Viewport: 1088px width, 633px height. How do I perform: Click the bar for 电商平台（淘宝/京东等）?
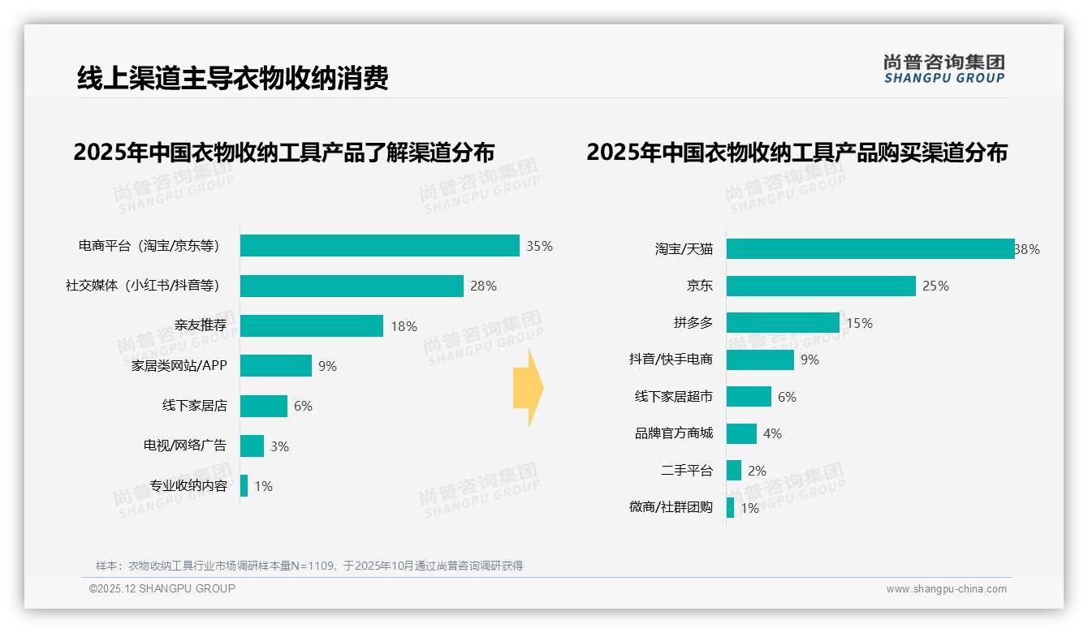(379, 246)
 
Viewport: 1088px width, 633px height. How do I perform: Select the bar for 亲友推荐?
(311, 326)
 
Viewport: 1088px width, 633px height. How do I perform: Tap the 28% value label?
(483, 286)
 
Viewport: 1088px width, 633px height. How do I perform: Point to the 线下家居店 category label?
(194, 406)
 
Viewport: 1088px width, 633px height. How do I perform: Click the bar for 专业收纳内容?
(244, 486)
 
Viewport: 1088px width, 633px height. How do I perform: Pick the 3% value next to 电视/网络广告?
(279, 446)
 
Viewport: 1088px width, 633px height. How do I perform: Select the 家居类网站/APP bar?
(275, 366)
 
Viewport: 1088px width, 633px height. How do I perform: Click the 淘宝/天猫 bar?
(870, 249)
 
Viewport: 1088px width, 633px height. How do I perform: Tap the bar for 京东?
(821, 286)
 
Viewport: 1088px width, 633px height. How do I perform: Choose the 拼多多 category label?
(693, 323)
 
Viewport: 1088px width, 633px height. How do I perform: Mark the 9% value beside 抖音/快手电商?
(810, 360)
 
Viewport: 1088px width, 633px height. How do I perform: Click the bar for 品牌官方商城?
(741, 433)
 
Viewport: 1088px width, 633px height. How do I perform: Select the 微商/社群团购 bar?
(730, 508)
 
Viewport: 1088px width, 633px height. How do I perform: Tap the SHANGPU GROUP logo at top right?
(943, 69)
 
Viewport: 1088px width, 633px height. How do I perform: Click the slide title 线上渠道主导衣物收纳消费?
(232, 79)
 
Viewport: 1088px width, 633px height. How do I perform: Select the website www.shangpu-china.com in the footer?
(946, 589)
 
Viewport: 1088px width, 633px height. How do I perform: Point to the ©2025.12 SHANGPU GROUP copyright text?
(162, 588)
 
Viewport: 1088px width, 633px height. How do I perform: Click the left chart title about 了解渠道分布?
(283, 153)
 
